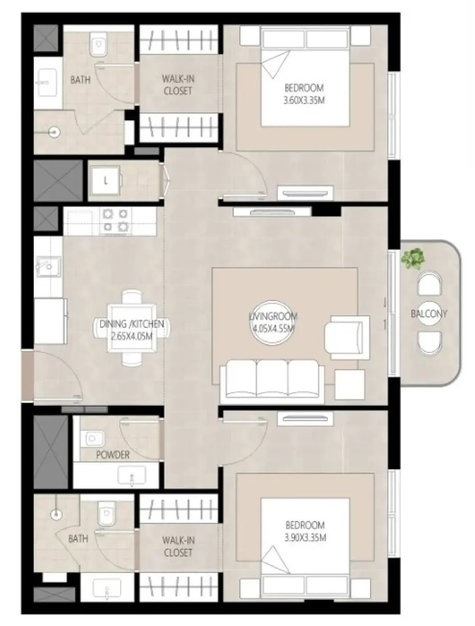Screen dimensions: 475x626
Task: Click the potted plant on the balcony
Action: coord(413,259)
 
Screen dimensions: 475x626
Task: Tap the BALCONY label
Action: coord(428,314)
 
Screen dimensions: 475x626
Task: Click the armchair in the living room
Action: coord(347,337)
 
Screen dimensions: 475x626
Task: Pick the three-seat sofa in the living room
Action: coord(272,381)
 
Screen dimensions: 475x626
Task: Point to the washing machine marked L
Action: coord(105,180)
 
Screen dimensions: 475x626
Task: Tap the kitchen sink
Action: coord(48,266)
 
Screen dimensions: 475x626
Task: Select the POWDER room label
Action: coord(112,455)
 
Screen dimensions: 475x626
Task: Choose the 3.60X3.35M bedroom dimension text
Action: coord(304,101)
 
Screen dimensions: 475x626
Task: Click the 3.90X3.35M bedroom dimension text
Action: coord(305,538)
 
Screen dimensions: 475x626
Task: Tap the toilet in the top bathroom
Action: coord(99,45)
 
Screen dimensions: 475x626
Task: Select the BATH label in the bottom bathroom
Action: coord(78,539)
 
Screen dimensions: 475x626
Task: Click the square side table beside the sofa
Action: coord(350,384)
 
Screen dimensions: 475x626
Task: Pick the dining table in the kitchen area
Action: coord(132,328)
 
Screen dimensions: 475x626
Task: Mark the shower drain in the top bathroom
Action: coord(54,132)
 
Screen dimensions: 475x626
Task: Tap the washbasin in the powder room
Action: coord(131,475)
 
